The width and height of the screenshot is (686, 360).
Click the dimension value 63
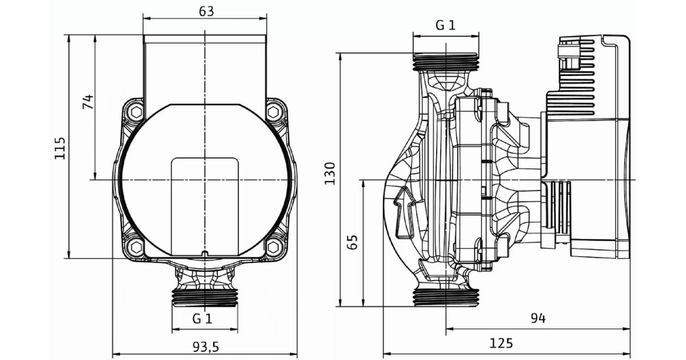pyautogui.click(x=206, y=11)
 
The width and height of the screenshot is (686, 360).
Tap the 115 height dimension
pyautogui.click(x=60, y=148)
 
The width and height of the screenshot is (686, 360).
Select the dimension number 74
pyautogui.click(x=88, y=102)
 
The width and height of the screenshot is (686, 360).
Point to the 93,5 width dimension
pyautogui.click(x=206, y=347)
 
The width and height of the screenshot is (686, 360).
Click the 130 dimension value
pyautogui.click(x=330, y=173)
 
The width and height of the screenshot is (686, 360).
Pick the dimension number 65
pyautogui.click(x=353, y=242)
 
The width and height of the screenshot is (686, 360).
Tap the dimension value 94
pyautogui.click(x=538, y=318)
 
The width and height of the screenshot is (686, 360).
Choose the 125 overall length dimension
pyautogui.click(x=501, y=343)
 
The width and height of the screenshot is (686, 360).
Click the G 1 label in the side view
pyautogui.click(x=445, y=25)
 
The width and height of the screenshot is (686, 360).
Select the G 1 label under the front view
pyautogui.click(x=202, y=319)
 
